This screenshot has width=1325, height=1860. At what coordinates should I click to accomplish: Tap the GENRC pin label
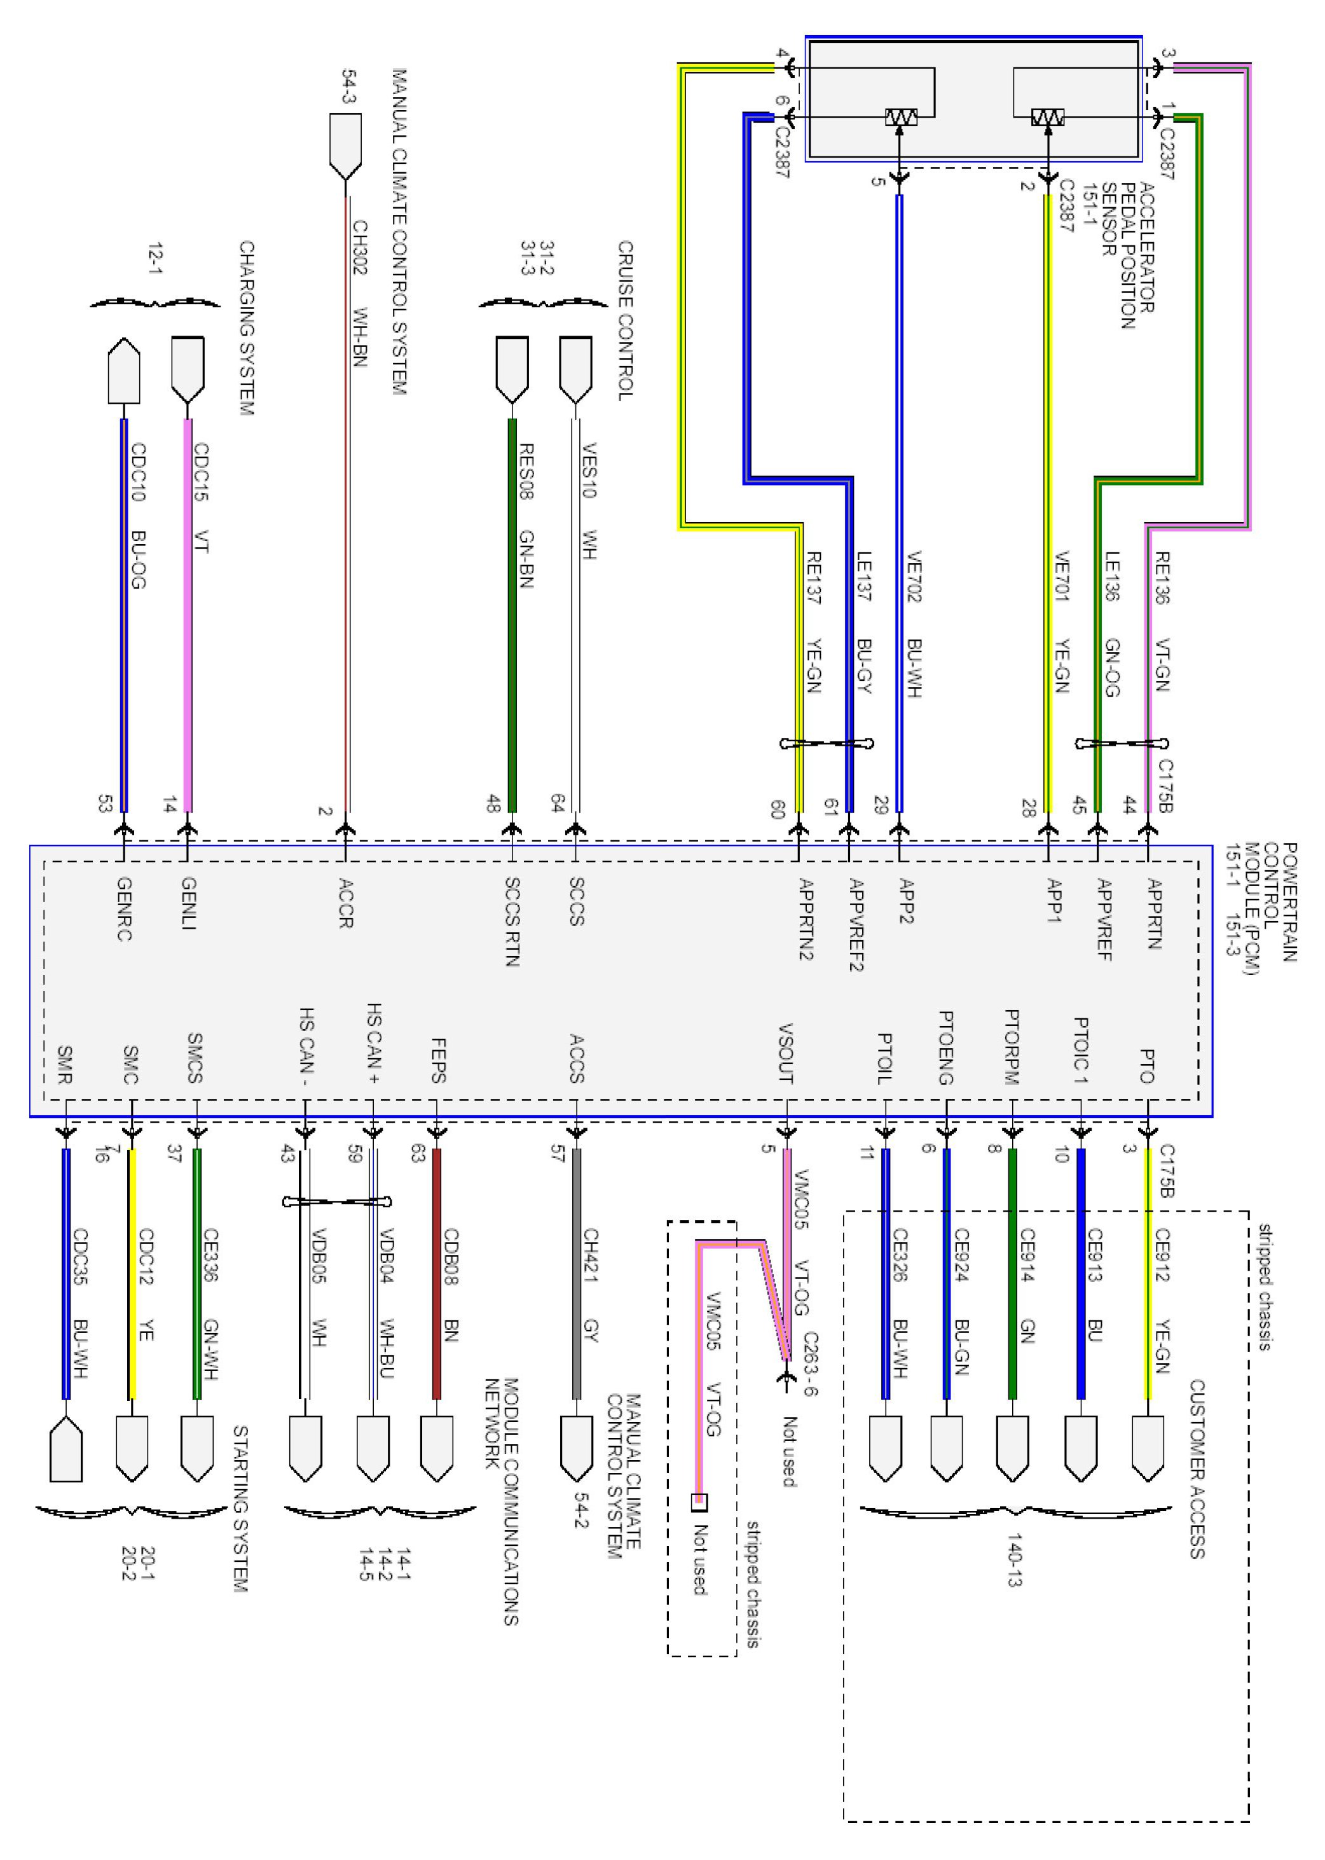[124, 909]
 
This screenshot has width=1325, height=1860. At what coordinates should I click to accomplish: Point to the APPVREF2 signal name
[856, 924]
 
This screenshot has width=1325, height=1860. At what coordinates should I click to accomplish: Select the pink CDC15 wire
[188, 615]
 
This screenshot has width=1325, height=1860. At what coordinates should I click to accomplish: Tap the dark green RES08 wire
[512, 615]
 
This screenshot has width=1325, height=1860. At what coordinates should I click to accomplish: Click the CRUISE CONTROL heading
[625, 320]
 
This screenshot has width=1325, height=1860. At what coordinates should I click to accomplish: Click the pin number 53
[104, 803]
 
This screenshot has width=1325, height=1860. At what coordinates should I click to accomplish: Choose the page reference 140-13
[1014, 1560]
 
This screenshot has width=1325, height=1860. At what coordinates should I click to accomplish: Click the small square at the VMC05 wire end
[699, 1502]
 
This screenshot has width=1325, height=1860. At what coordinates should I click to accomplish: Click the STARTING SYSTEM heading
[241, 1509]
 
